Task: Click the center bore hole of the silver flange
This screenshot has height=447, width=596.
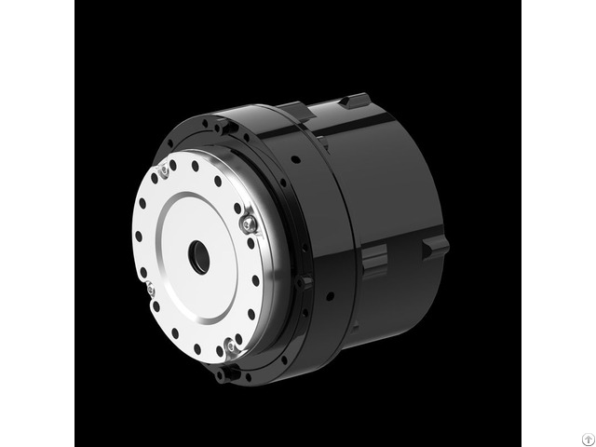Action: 199,257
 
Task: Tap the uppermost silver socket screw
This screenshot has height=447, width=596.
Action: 164,170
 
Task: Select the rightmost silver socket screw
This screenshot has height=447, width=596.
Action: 248,223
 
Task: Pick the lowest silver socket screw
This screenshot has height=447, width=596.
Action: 231,346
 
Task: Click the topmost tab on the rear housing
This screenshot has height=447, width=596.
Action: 355,100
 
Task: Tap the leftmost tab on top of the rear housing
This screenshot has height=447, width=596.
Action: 297,111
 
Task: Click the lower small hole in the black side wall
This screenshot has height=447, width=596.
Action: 329,298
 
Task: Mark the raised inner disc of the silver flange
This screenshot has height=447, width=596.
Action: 199,257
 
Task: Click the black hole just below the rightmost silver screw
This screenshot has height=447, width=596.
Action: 251,244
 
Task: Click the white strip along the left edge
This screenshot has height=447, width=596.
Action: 37,223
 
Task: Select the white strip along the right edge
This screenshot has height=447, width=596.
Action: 559,223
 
